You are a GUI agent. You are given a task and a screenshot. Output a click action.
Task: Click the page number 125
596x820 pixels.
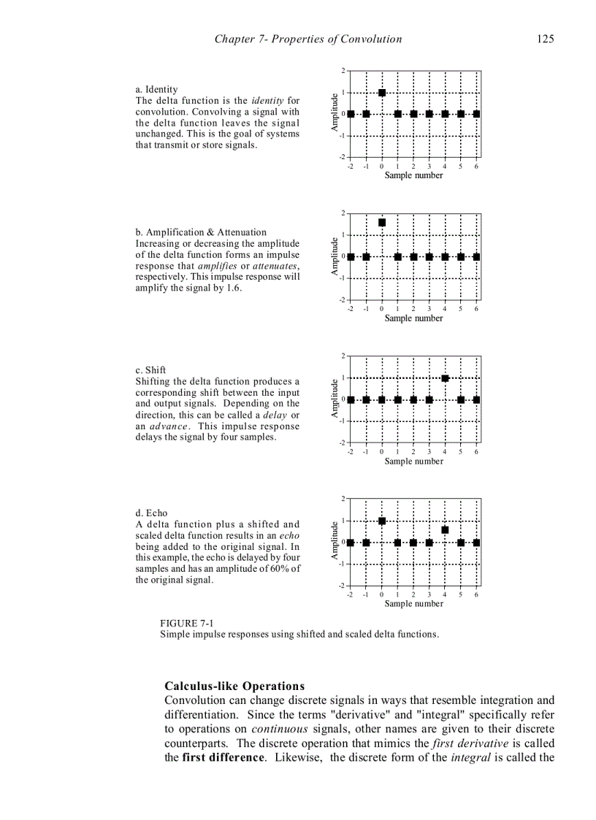pyautogui.click(x=545, y=39)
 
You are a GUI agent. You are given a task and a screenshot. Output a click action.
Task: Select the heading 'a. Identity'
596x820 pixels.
pyautogui.click(x=156, y=89)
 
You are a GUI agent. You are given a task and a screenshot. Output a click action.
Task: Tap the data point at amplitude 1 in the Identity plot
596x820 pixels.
pyautogui.click(x=382, y=93)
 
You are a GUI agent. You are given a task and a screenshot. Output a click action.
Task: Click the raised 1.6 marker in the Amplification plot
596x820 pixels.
pyautogui.click(x=382, y=222)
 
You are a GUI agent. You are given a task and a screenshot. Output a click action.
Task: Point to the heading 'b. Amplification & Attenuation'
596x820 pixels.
pyautogui.click(x=201, y=232)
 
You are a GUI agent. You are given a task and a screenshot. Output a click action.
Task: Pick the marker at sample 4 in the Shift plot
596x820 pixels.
pyautogui.click(x=445, y=378)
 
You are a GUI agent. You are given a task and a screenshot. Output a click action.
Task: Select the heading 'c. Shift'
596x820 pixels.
pyautogui.click(x=150, y=370)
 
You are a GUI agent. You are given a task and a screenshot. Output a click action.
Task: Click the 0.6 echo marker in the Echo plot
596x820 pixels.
pyautogui.click(x=445, y=529)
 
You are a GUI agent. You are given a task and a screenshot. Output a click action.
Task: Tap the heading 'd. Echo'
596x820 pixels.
pyautogui.click(x=151, y=513)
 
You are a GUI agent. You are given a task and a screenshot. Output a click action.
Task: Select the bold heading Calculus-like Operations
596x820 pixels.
pyautogui.click(x=234, y=686)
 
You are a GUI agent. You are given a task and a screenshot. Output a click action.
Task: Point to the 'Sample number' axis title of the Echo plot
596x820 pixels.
pyautogui.click(x=413, y=604)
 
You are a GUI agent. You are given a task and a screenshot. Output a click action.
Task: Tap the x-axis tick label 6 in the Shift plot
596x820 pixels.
pyautogui.click(x=476, y=452)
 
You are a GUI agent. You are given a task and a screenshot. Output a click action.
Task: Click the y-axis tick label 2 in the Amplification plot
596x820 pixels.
pyautogui.click(x=343, y=213)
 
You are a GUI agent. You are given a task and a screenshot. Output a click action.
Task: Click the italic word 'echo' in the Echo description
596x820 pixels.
pyautogui.click(x=289, y=535)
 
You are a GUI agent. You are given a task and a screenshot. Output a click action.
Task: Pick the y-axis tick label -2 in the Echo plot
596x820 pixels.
pyautogui.click(x=342, y=586)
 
